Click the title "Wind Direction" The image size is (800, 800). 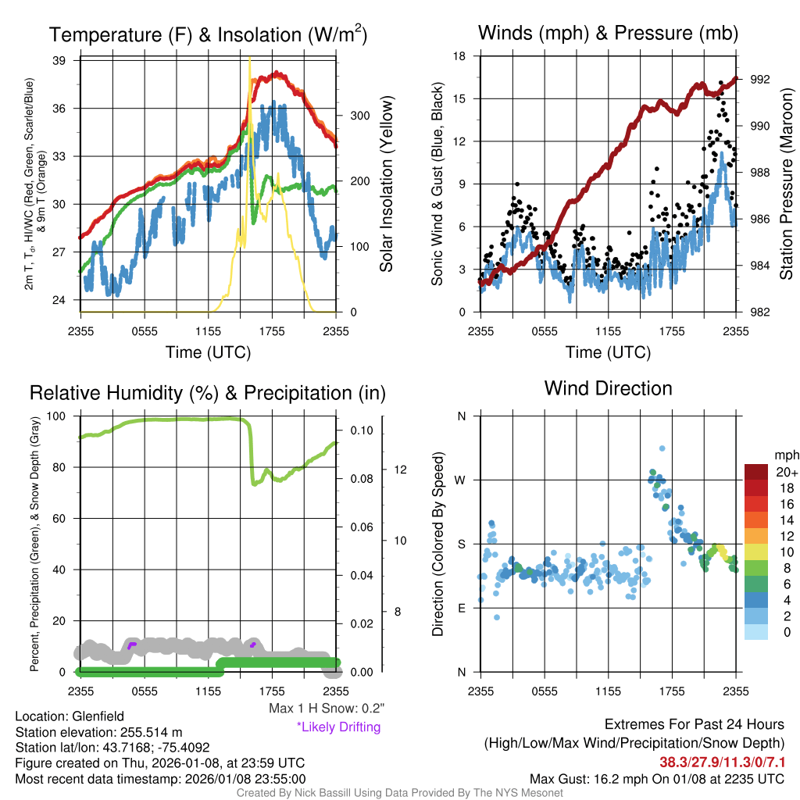coord(608,388)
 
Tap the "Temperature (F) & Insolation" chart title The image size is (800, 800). coord(208,35)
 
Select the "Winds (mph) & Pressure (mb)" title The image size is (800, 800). coord(608,34)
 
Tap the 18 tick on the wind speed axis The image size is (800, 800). coord(460,56)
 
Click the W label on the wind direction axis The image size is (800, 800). coord(461,480)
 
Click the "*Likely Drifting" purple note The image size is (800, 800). coord(338,727)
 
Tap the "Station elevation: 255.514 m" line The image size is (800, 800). coord(98,732)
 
